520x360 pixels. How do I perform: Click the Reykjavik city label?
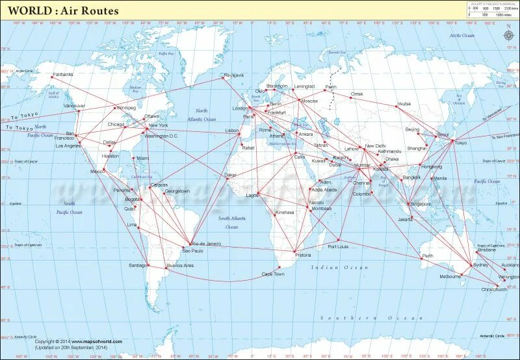[x=234, y=75]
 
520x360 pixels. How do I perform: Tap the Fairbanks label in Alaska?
[x=63, y=74]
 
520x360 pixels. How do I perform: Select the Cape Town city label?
[x=273, y=274]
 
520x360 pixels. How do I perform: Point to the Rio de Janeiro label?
[x=206, y=244]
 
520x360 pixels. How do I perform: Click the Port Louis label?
[x=338, y=247]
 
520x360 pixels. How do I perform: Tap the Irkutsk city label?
[x=404, y=104]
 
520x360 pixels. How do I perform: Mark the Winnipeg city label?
[x=126, y=108]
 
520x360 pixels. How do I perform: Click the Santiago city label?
[x=138, y=265]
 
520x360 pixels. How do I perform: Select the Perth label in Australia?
[x=427, y=256]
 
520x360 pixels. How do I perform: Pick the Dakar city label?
[x=231, y=174]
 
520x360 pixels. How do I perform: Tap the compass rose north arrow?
[x=508, y=35]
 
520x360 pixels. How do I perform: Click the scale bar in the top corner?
[x=492, y=9]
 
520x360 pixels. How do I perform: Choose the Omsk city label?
[x=357, y=94]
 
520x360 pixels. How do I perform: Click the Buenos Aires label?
[x=180, y=265]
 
